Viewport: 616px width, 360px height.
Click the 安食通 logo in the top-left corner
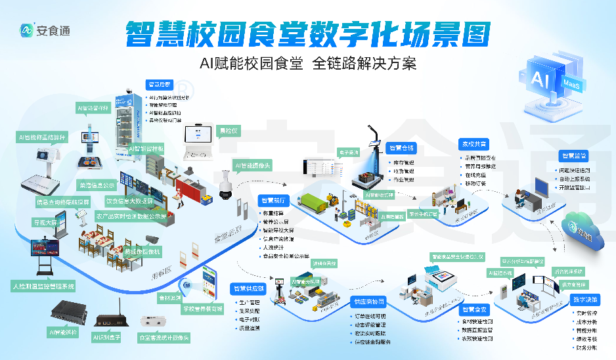45,30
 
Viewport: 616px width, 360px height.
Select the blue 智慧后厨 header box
159,85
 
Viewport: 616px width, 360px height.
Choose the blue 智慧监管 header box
574,156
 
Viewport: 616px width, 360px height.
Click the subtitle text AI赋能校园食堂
252,64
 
